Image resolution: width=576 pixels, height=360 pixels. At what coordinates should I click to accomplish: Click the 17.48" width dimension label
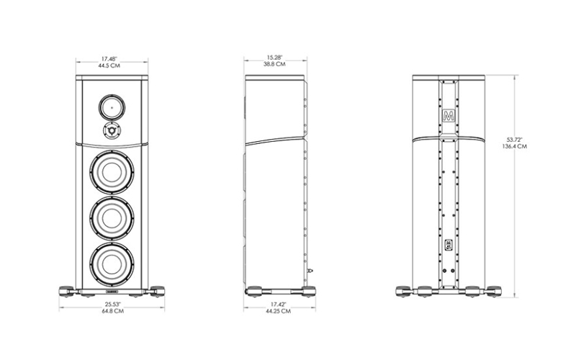(109, 59)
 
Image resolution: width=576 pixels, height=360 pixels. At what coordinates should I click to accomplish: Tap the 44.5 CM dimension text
(109, 66)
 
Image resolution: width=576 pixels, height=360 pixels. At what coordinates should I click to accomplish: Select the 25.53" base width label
(113, 304)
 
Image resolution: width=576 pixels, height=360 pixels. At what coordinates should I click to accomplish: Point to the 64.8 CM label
(113, 311)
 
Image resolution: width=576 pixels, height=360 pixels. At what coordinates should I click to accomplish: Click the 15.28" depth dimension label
(274, 58)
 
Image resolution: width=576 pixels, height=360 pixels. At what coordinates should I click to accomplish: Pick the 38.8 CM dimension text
(274, 64)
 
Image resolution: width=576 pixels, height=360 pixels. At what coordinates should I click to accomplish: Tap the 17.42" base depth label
(278, 304)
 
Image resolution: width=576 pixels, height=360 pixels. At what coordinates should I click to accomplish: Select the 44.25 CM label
(278, 311)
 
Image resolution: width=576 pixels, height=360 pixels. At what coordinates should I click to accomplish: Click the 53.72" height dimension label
(514, 140)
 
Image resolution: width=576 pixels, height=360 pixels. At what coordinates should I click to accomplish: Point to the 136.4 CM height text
(514, 146)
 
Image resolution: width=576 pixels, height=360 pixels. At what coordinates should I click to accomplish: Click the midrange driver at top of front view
(112, 107)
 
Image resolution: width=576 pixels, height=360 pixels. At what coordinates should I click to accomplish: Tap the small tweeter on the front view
(112, 130)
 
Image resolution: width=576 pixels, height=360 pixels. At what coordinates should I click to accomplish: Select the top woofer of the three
(112, 172)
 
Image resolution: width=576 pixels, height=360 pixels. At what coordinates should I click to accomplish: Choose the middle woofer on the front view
(112, 219)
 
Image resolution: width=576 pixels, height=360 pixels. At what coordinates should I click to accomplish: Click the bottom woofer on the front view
(112, 265)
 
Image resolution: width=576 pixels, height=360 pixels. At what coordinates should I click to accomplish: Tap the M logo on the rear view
(448, 115)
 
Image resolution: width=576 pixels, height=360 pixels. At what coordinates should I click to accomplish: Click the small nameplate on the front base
(112, 292)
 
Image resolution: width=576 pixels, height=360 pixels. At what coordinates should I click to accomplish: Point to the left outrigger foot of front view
(68, 292)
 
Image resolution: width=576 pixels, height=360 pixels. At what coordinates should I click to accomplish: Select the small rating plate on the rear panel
(448, 245)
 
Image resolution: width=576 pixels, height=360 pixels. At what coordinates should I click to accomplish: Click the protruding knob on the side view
(311, 271)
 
